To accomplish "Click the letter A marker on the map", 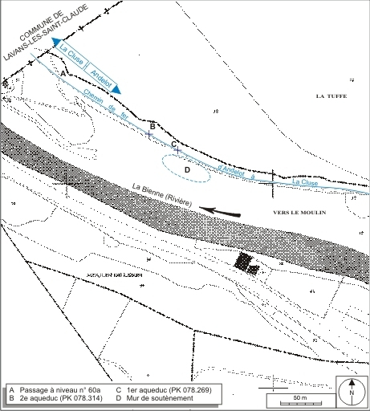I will [63, 73].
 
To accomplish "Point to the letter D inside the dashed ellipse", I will [187, 169].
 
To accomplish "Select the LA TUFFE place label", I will [331, 96].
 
